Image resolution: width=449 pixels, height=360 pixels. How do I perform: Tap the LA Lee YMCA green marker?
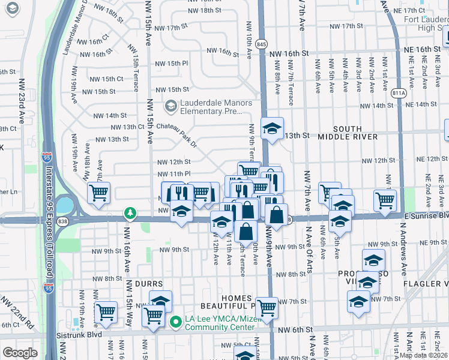point(175,322)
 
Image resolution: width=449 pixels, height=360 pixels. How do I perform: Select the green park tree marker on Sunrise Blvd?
point(130,213)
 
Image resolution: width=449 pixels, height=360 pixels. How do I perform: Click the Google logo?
point(20,353)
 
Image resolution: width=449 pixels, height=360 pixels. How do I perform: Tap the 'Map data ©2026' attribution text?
point(423,355)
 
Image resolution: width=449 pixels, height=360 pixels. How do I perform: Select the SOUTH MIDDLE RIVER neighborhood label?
point(356,133)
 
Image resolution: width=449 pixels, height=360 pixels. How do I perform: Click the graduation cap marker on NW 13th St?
point(272,128)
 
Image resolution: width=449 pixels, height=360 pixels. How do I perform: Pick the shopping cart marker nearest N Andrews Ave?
point(385,200)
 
